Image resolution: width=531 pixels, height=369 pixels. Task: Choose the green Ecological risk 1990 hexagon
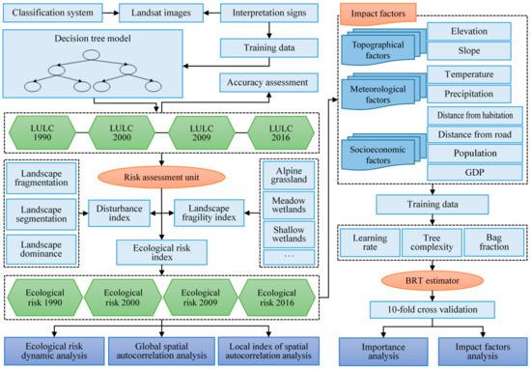click(43, 293)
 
